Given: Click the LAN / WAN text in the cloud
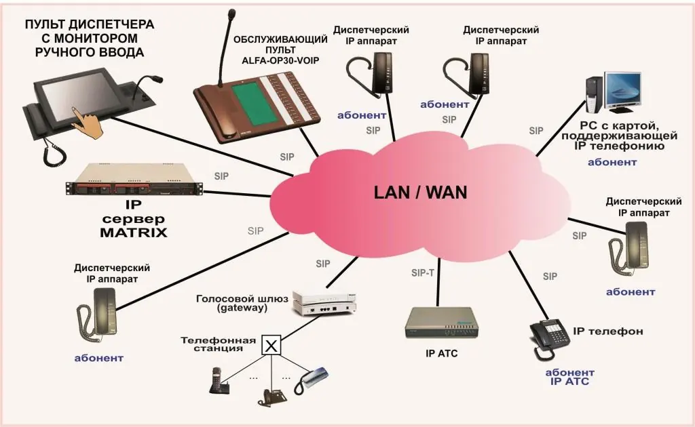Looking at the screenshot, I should point(420,192).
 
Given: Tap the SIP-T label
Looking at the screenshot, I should point(424,273).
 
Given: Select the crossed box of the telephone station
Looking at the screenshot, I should point(271,346).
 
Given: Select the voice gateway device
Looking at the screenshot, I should point(324,303).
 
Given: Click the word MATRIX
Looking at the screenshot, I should point(134,234).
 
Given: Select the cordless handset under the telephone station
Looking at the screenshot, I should point(217,381).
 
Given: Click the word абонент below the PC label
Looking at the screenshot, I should point(612,162).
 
